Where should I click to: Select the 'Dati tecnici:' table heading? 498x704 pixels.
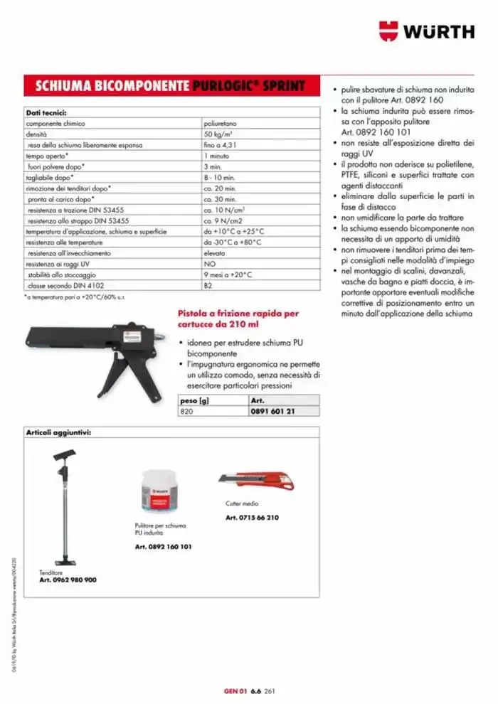pyautogui.click(x=46, y=113)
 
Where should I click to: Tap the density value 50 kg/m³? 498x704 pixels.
pyautogui.click(x=218, y=134)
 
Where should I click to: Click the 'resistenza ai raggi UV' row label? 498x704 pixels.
pyautogui.click(x=58, y=264)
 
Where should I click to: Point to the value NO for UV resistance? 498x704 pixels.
pyautogui.click(x=208, y=264)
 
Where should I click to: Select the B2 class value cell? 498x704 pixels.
pyautogui.click(x=208, y=285)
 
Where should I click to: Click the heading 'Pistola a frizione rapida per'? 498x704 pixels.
pyautogui.click(x=238, y=314)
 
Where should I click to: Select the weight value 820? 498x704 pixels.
pyautogui.click(x=186, y=411)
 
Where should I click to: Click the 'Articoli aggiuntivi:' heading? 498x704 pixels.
pyautogui.click(x=59, y=432)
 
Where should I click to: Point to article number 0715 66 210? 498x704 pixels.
pyautogui.click(x=252, y=518)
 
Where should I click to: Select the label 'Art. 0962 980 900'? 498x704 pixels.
pyautogui.click(x=68, y=580)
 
